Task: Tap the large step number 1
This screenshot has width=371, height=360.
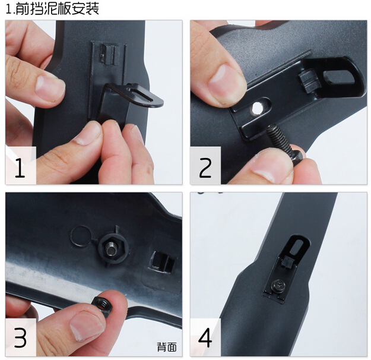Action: pyautogui.click(x=20, y=168)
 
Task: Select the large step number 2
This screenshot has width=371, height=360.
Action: pyautogui.click(x=205, y=168)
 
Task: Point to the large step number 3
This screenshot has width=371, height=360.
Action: pyautogui.click(x=20, y=338)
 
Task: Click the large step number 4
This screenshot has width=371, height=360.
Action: pyautogui.click(x=205, y=338)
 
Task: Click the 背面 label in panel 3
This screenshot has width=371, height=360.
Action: pyautogui.click(x=167, y=347)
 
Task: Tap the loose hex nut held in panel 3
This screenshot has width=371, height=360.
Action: pyautogui.click(x=103, y=307)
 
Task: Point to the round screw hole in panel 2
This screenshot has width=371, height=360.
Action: pyautogui.click(x=257, y=108)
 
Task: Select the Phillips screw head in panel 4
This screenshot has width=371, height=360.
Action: pyautogui.click(x=278, y=284)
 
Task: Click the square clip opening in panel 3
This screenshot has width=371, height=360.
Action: pyautogui.click(x=161, y=261)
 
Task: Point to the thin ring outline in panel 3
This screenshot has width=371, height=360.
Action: pyautogui.click(x=81, y=236)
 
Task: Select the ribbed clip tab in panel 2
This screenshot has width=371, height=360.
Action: pyautogui.click(x=309, y=80)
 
